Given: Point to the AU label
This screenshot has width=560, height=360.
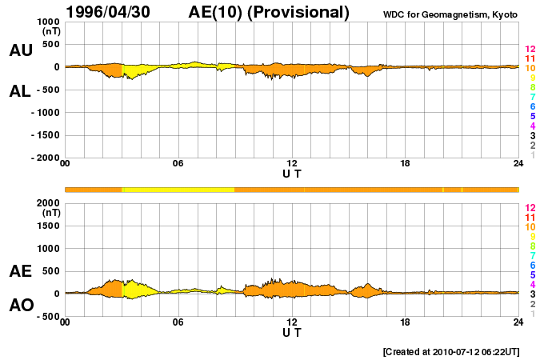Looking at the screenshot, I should pos(21,50).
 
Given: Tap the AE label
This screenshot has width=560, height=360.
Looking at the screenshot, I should pos(21,272).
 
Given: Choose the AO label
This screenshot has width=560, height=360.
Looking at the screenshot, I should pos(21,306).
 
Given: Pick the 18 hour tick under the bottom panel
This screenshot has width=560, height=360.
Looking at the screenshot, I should pos(406,322).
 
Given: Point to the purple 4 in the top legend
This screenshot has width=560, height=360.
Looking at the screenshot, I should pos(532,126).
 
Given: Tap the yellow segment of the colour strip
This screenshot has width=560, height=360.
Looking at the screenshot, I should pos(178,190).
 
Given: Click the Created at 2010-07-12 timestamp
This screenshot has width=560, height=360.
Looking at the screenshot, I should pos(452,351).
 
